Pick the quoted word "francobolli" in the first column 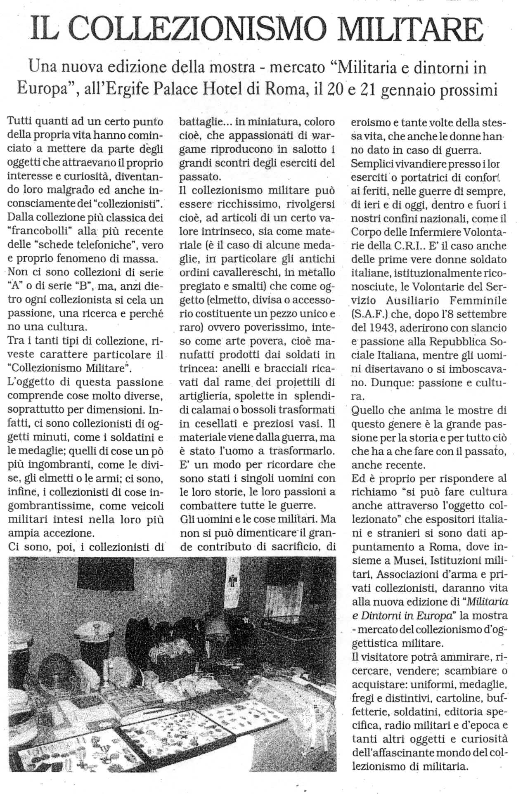coord(40,231)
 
